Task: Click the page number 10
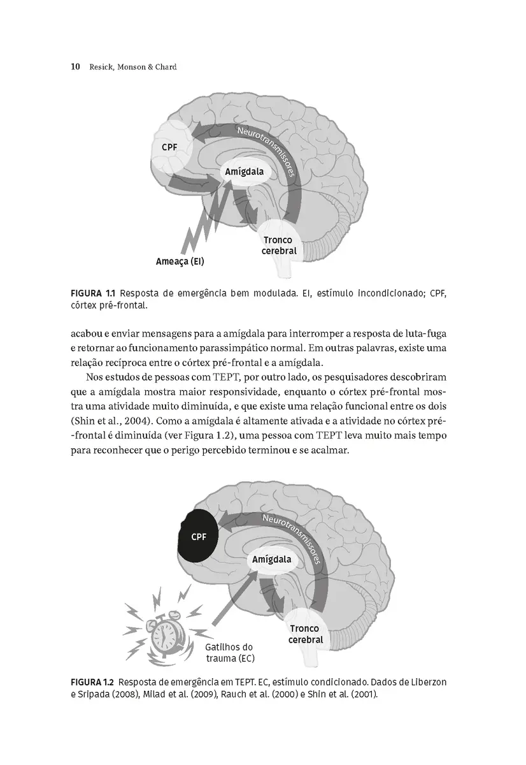coord(75,66)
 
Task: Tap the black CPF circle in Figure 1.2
coord(199,536)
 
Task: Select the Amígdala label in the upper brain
coord(243,172)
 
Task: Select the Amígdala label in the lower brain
coord(272,560)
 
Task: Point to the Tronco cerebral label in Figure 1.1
coord(279,245)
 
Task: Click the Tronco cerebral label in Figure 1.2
coord(306,634)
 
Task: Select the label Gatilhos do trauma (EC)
coord(229,652)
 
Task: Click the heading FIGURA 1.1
coord(92,293)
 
